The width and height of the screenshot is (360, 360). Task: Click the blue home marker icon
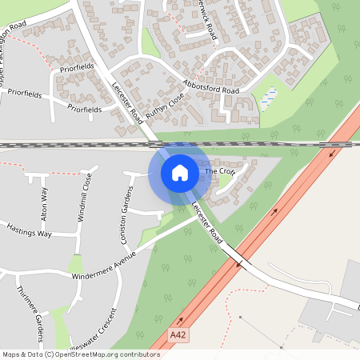tap(180, 173)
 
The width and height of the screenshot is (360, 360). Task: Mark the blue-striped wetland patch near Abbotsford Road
tap(269, 96)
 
